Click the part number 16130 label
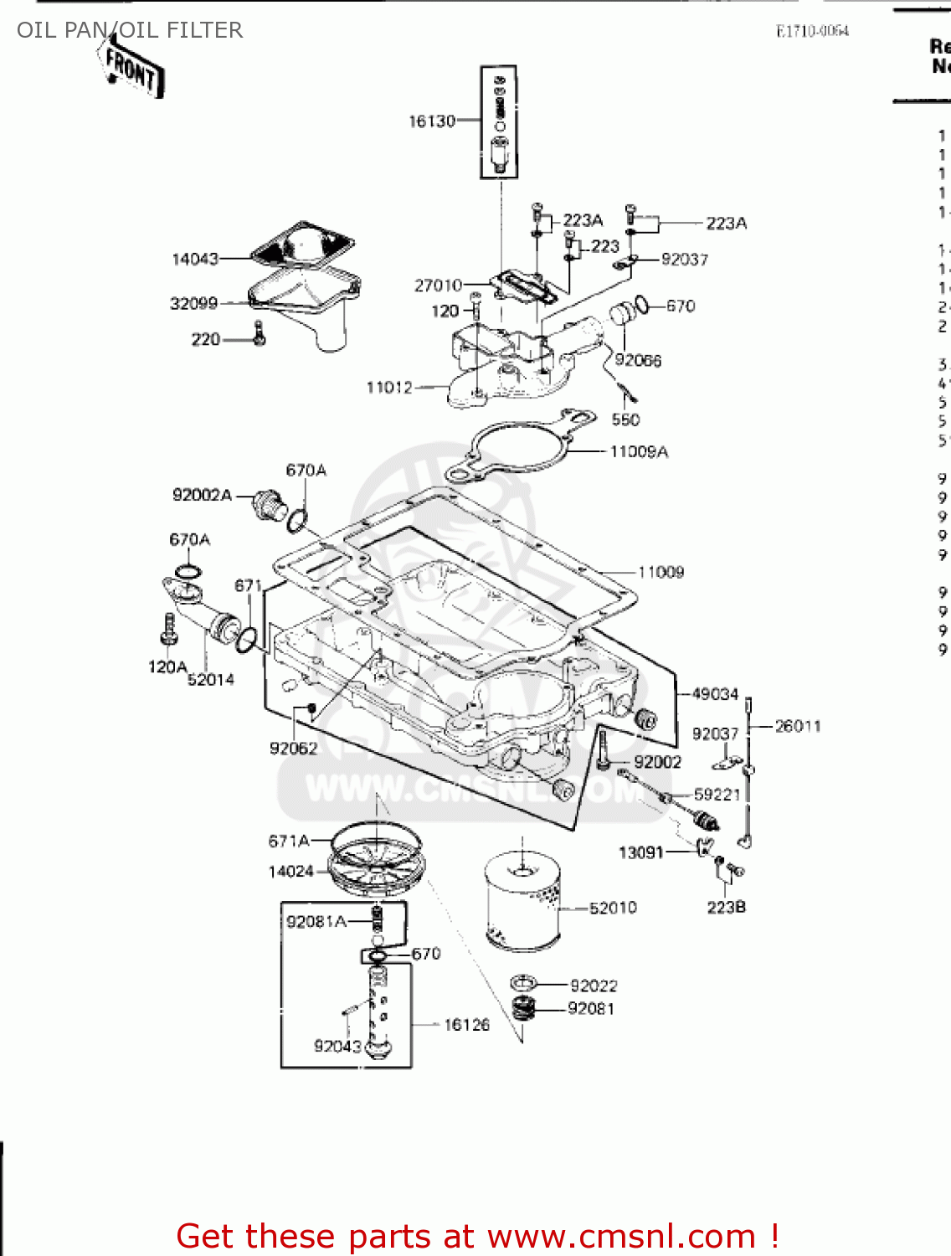[x=431, y=121]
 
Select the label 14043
[x=194, y=260]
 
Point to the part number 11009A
[x=639, y=452]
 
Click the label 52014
[x=211, y=680]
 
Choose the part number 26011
[x=797, y=726]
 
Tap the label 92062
[x=293, y=748]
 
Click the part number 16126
[x=466, y=1025]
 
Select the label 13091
[x=640, y=852]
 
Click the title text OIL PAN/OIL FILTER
[x=130, y=30]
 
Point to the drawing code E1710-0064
[x=812, y=32]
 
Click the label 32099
[x=193, y=303]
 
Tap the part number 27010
[x=438, y=286]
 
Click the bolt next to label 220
[x=259, y=334]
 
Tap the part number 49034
[x=715, y=694]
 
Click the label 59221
[x=717, y=794]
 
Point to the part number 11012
[x=389, y=388]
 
